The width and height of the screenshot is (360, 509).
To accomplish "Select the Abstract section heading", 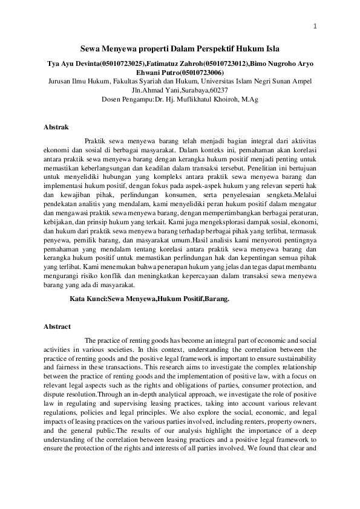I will click(x=57, y=326).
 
